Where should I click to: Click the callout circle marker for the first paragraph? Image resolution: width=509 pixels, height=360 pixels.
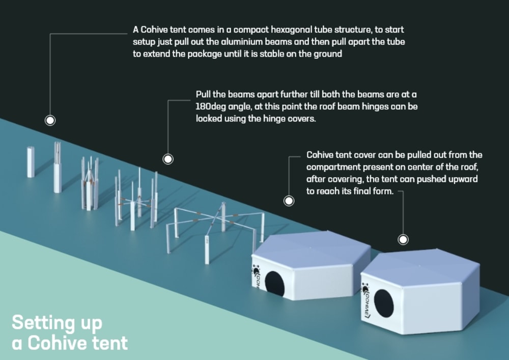tap(50, 121)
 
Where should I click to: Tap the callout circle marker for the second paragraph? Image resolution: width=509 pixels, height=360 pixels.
tap(168, 159)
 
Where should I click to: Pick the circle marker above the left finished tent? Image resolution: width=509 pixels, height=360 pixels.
tap(289, 201)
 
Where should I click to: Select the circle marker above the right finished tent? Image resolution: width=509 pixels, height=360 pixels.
tap(403, 239)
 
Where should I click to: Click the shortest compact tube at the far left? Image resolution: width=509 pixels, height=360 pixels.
tap(31, 161)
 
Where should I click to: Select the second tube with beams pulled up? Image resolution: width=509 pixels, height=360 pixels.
tap(58, 168)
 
